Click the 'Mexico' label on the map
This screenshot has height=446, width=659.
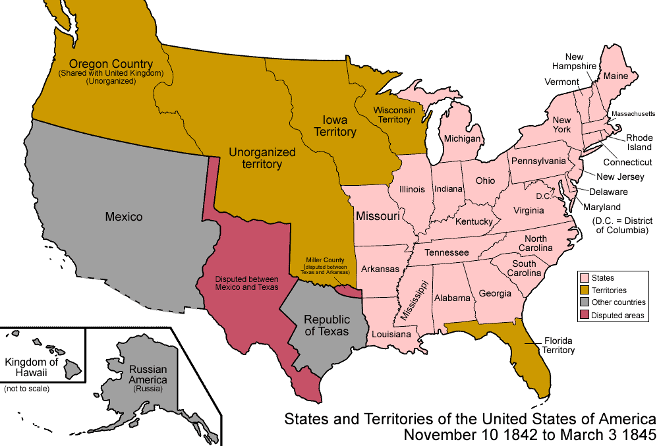(123, 216)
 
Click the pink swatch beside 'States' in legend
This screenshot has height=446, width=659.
(583, 278)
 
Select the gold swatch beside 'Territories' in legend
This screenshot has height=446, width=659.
(583, 291)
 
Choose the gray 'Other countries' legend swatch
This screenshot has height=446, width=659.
(583, 303)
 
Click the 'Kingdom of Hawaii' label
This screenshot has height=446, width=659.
(31, 368)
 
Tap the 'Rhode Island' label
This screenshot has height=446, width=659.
(639, 142)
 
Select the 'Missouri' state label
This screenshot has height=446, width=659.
(378, 216)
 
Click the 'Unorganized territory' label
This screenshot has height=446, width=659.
(262, 158)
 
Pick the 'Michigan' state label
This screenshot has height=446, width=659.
(462, 139)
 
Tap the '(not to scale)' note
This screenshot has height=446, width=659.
(26, 389)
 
